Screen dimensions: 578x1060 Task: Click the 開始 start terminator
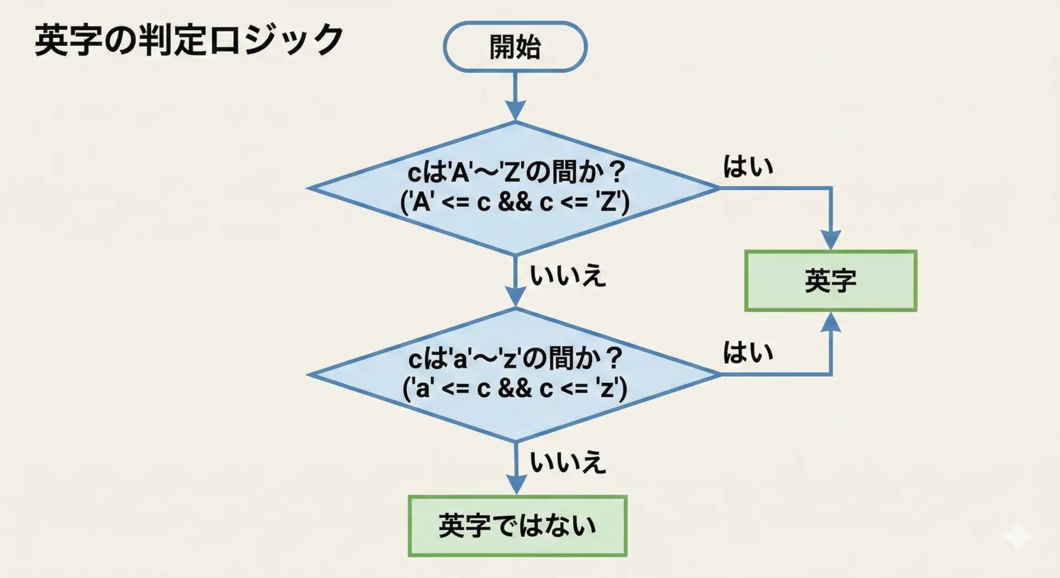tap(515, 47)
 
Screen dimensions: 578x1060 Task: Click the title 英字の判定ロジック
tap(189, 40)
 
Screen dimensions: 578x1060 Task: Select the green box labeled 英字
tap(830, 281)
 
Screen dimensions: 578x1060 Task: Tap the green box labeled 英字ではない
tap(517, 526)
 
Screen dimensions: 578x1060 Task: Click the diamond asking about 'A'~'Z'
tap(514, 188)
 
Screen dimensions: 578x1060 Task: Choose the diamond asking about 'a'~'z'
tap(514, 374)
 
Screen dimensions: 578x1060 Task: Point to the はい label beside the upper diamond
tap(748, 166)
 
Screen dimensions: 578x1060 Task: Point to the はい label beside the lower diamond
tap(748, 352)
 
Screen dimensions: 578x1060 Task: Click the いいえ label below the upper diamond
tap(568, 275)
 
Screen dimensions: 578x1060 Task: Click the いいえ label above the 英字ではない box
tap(568, 462)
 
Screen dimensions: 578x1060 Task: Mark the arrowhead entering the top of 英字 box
tap(830, 241)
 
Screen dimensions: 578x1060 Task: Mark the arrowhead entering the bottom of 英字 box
tap(830, 322)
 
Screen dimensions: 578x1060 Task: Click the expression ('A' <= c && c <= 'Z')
tap(515, 203)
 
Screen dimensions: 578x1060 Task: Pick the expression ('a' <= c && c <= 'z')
tap(515, 389)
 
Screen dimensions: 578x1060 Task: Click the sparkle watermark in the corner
tap(1017, 535)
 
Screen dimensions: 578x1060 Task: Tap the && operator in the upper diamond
tap(515, 203)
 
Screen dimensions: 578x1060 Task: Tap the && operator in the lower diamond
tap(515, 389)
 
